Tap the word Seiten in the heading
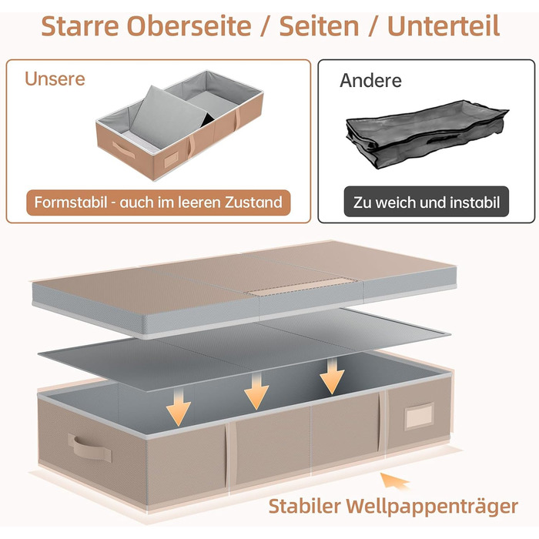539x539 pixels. (319, 26)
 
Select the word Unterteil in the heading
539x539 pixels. (444, 26)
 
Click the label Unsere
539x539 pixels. (55, 79)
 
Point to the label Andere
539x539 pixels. (370, 81)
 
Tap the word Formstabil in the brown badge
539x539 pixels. (71, 202)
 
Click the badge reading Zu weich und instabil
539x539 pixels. (427, 202)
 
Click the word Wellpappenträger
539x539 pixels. (432, 507)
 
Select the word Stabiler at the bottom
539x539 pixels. (305, 506)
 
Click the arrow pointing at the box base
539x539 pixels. (394, 481)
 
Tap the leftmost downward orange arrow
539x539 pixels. (178, 409)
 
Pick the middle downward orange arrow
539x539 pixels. (256, 392)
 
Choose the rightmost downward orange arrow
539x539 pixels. (332, 376)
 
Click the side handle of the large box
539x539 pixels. (89, 447)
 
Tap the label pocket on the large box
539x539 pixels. (419, 416)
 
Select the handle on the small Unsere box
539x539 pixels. (123, 149)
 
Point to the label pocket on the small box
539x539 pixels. (171, 159)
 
